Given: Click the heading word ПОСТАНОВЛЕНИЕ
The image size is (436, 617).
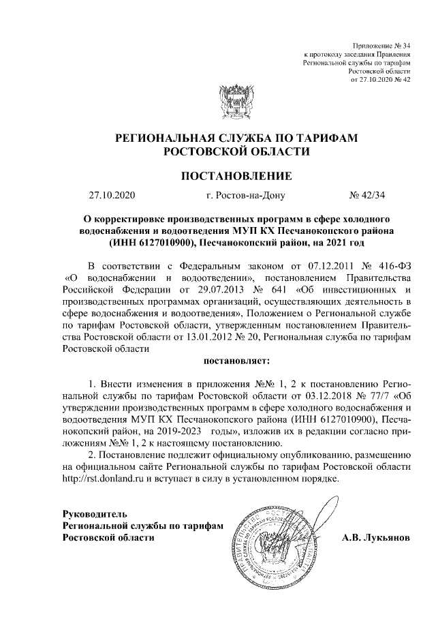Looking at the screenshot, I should click(x=236, y=176).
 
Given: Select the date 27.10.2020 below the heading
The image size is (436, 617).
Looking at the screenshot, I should click(x=112, y=196).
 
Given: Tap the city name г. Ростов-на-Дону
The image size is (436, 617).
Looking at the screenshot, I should click(x=245, y=196).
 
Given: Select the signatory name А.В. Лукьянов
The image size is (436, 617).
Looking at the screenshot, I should click(x=375, y=537).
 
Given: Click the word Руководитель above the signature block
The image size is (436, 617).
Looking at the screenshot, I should click(x=94, y=513).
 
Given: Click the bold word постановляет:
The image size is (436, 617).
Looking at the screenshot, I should click(x=236, y=359).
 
